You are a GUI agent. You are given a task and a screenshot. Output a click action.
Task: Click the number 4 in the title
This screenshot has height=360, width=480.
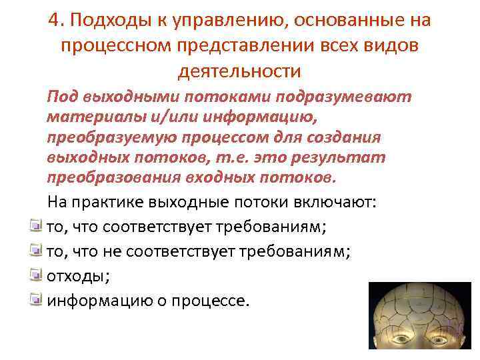(54, 21)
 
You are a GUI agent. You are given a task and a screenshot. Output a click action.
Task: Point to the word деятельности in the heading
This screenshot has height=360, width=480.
(239, 70)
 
